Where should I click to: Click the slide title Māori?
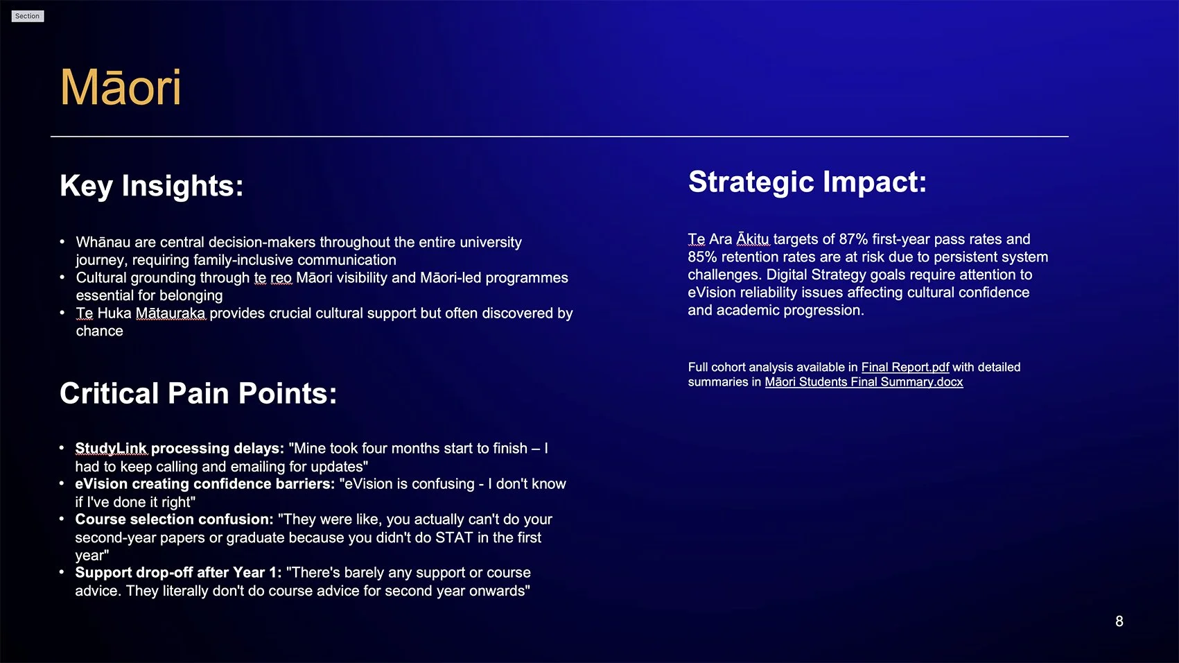[121, 88]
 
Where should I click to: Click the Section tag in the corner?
[28, 16]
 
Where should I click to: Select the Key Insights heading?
[151, 186]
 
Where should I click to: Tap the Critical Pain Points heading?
[198, 393]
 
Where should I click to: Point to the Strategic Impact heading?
[807, 182]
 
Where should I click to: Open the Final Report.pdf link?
[905, 367]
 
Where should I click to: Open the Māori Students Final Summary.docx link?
[864, 382]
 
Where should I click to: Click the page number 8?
[1119, 621]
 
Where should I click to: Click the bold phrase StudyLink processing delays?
[180, 449]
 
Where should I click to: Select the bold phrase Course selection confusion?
[174, 519]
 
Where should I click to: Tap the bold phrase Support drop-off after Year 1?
[178, 573]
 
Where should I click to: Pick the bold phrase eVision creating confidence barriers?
[204, 484]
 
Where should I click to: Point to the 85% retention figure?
[702, 257]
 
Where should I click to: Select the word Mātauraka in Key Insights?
[171, 313]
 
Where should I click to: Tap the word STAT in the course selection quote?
[453, 537]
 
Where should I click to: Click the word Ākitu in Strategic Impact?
[753, 239]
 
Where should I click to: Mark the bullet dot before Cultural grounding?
[62, 277]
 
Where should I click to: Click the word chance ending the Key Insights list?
[99, 331]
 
